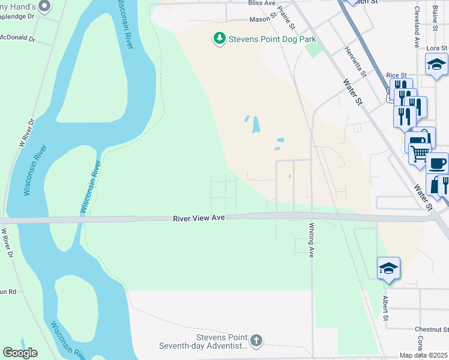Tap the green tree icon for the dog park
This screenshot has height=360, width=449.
tap(220, 40)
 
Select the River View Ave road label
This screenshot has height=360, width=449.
tap(199, 218)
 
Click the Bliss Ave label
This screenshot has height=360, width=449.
tap(261, 3)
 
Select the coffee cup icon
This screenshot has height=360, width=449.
tap(436, 163)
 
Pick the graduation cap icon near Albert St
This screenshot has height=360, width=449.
tap(388, 268)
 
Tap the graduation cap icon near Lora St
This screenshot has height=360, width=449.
tap(436, 64)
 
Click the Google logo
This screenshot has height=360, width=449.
tap(20, 353)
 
